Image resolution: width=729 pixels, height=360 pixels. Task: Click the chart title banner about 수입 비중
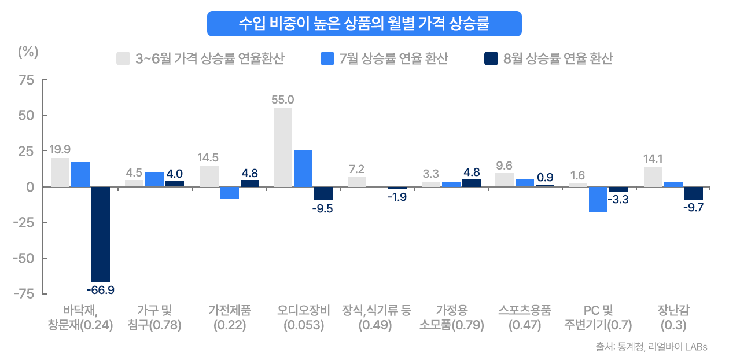[365, 24]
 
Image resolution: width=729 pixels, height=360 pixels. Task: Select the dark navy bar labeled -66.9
[101, 234]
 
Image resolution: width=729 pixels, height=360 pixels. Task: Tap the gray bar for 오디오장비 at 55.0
[283, 147]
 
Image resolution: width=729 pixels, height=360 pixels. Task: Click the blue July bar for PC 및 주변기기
[598, 200]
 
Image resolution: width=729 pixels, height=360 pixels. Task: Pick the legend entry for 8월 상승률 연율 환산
[548, 58]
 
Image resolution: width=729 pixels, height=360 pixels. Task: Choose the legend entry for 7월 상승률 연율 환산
[384, 58]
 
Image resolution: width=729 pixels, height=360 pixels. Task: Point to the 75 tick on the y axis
[26, 80]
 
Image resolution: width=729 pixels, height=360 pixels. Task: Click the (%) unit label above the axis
[28, 52]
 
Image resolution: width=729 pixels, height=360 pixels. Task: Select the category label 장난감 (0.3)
[673, 317]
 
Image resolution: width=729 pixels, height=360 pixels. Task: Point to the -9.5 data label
[323, 209]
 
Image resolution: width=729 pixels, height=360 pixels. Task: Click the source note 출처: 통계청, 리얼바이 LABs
[651, 347]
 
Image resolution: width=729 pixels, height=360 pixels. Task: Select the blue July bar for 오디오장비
[303, 168]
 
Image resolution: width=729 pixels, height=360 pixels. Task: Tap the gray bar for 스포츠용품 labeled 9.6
[505, 180]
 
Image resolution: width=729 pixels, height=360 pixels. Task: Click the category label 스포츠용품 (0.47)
[524, 317]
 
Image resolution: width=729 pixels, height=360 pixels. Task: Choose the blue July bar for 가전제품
[229, 193]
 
